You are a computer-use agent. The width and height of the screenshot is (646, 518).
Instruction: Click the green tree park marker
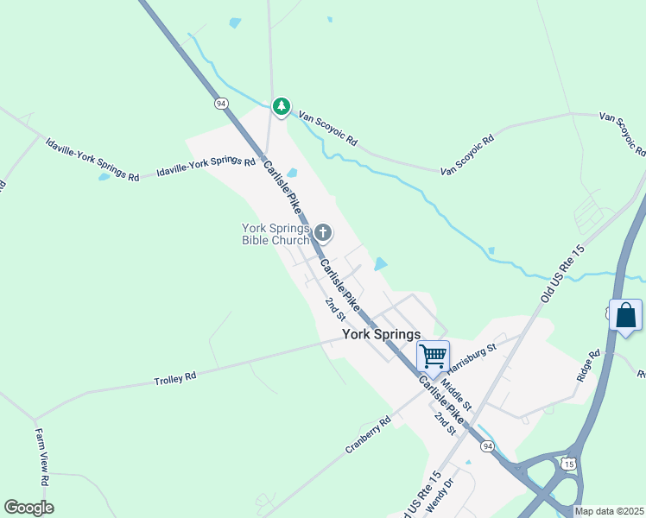point(281,106)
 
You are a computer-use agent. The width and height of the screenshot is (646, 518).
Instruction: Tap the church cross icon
point(323,231)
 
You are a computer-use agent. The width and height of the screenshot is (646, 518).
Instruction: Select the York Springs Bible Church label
point(275,234)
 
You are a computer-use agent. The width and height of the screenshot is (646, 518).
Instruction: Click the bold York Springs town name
point(381,334)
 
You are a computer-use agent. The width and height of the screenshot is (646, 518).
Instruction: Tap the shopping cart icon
point(433,355)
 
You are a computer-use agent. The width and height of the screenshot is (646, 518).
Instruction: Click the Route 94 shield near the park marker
point(222,103)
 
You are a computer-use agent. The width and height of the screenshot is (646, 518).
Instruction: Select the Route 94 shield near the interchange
point(488,446)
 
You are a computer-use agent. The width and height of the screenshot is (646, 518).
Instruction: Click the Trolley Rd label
point(175,378)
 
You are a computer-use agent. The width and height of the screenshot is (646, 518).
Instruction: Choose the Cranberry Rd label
point(368,435)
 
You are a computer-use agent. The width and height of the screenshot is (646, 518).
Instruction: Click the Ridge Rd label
point(587,366)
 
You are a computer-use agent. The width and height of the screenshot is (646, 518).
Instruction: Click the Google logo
point(28,508)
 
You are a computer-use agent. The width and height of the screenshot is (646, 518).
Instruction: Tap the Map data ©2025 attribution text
point(610,511)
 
